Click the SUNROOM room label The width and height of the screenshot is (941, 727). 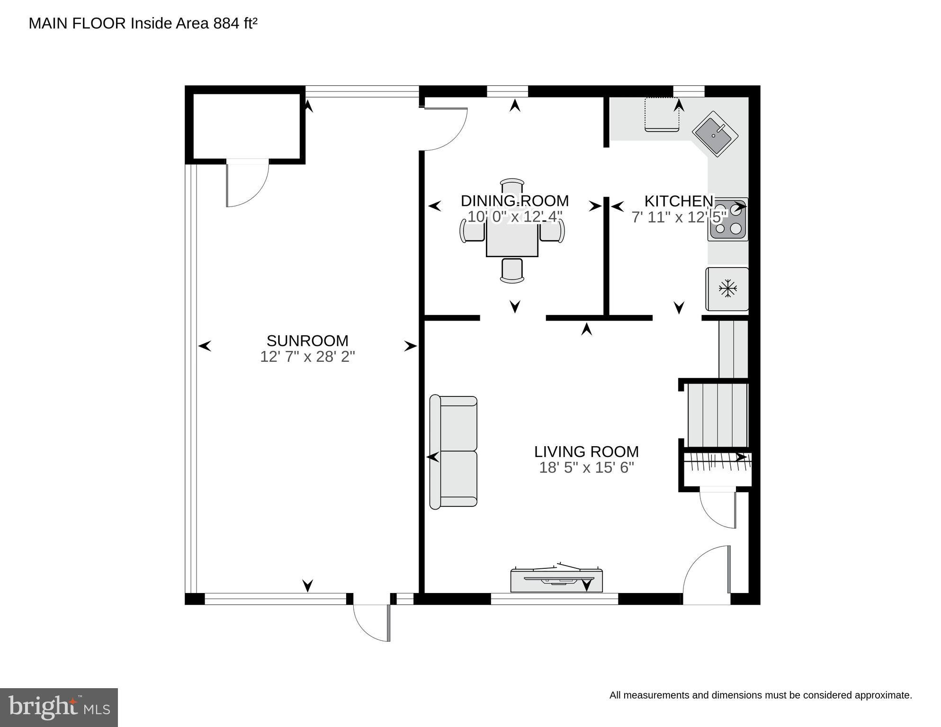tap(307, 341)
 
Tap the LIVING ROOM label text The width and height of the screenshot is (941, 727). tap(586, 451)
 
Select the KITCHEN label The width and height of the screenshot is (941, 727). tap(678, 201)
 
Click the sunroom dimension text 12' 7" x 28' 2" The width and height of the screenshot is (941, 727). tap(307, 357)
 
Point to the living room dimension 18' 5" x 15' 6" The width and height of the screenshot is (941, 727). tap(586, 467)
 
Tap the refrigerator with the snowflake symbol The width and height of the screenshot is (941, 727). tap(727, 289)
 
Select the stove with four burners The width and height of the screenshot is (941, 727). tap(728, 220)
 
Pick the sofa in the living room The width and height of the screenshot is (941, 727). tap(453, 451)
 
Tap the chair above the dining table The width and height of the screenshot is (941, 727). tap(512, 186)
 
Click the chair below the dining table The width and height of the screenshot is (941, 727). tap(512, 270)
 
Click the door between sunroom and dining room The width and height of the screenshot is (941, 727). tap(445, 128)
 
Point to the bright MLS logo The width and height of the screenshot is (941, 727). tap(59, 707)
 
